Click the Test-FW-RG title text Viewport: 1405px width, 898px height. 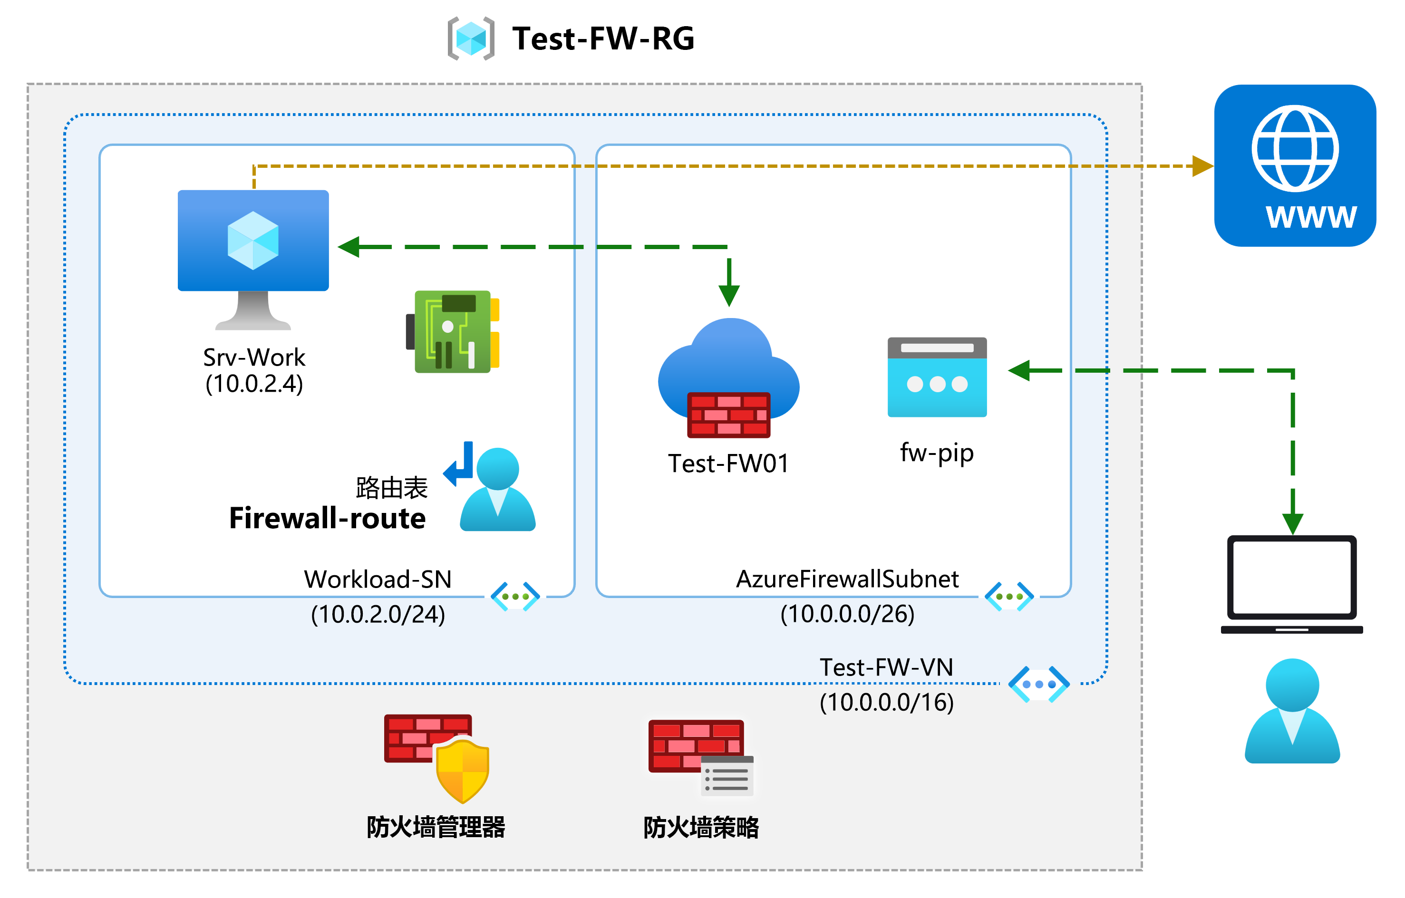point(603,39)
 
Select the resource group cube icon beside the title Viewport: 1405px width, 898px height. point(471,39)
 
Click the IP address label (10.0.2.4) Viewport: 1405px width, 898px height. point(254,384)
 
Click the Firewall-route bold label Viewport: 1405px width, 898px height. point(327,519)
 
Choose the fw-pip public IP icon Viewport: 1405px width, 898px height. point(937,377)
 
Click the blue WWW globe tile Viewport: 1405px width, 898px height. point(1295,166)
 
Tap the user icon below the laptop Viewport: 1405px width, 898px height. point(1292,711)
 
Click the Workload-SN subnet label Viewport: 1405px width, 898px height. point(378,580)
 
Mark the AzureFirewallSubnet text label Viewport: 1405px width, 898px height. point(847,579)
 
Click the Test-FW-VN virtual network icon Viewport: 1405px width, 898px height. point(1038,685)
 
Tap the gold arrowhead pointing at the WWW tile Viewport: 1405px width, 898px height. point(1202,166)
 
